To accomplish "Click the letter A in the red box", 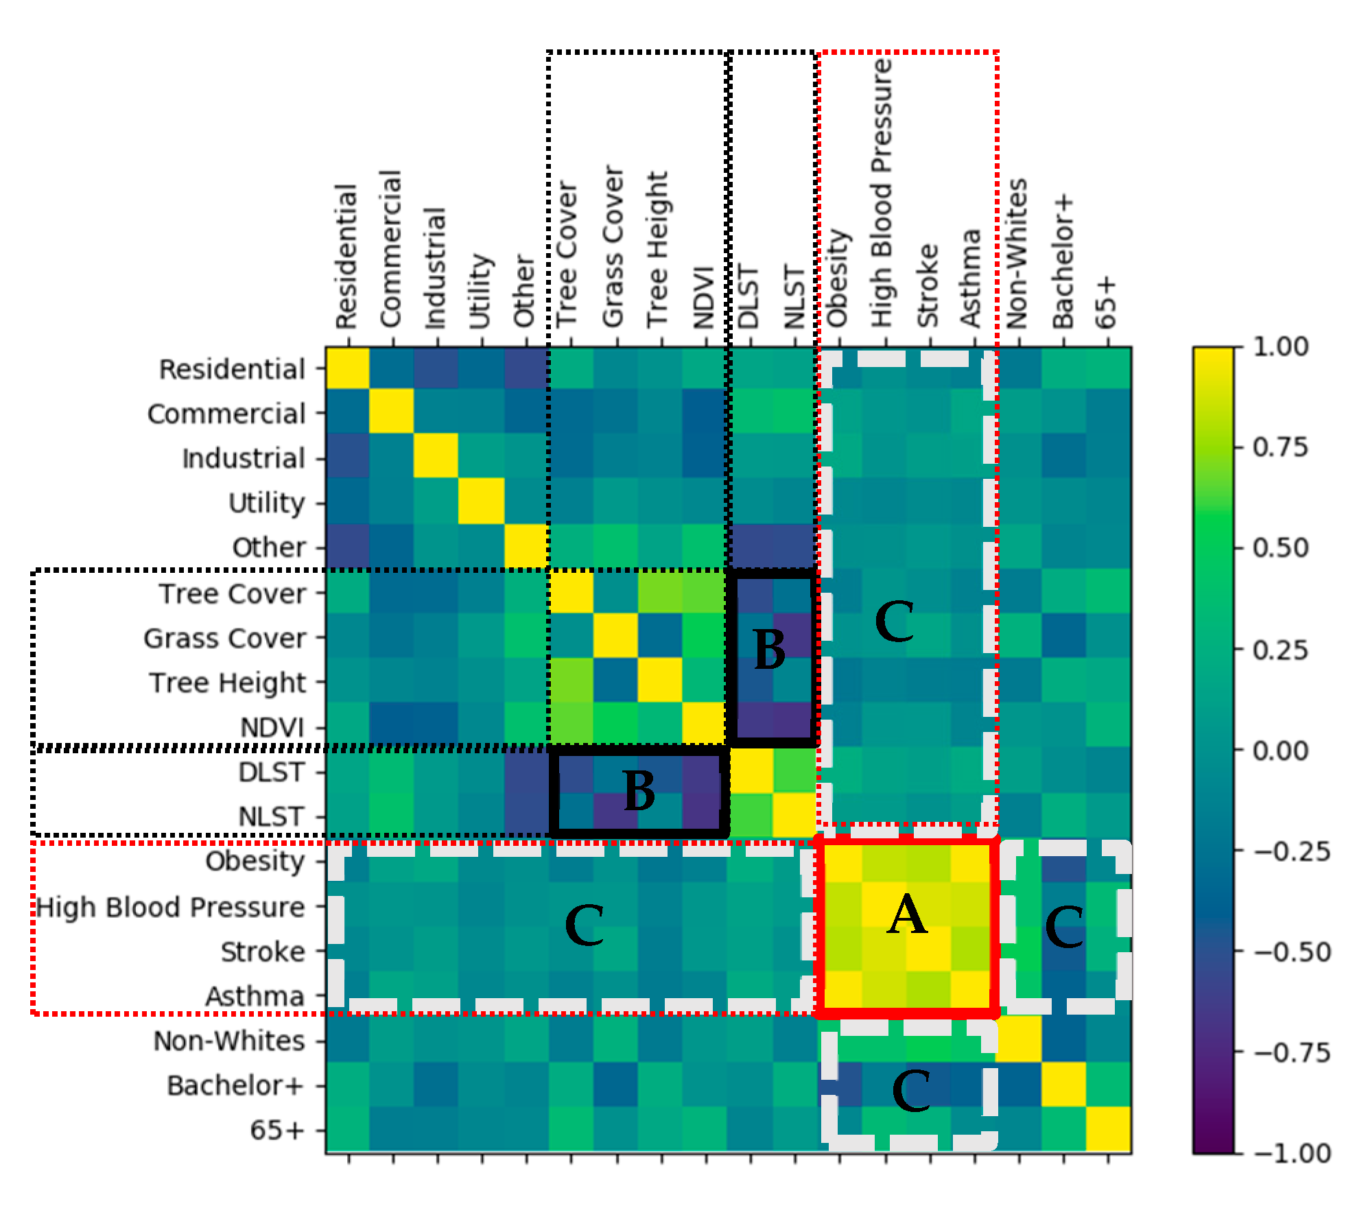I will point(907,915).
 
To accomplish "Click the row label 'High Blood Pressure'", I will point(170,907).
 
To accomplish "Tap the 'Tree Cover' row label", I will point(233,593).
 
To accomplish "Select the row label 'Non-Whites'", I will point(229,1041).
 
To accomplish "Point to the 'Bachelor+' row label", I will point(235,1085).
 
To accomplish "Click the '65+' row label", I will point(277,1130).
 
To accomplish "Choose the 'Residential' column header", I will point(347,257).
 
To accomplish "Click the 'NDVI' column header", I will point(705,298).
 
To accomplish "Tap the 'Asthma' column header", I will point(971,279).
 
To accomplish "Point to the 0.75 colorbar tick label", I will point(1280,447).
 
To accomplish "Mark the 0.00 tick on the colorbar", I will point(1280,751).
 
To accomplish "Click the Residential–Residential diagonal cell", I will point(348,368).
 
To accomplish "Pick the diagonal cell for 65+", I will point(1108,1129).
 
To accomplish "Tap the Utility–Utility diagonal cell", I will point(482,501).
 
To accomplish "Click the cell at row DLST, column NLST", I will point(794,770).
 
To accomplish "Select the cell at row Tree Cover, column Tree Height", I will point(660,592).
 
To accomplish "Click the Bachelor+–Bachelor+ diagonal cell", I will point(1063,1085).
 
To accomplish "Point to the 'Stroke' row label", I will point(263,952).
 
